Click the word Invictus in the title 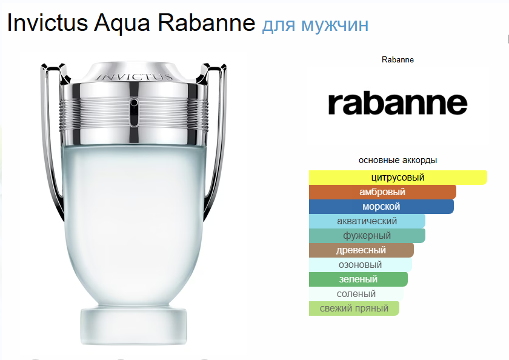click(x=47, y=22)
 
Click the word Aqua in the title click(x=122, y=24)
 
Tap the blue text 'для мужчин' click(x=315, y=25)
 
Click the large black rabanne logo click(x=398, y=104)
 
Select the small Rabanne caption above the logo click(x=398, y=60)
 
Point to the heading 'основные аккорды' click(x=398, y=160)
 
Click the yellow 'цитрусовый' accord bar click(x=398, y=178)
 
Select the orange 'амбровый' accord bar click(x=382, y=192)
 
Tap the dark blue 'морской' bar click(x=381, y=207)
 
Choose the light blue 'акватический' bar click(x=367, y=221)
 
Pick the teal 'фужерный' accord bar click(x=367, y=236)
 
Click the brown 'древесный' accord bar click(x=361, y=250)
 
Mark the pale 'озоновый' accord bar click(x=361, y=265)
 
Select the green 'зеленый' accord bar click(x=358, y=279)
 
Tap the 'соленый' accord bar click(x=356, y=294)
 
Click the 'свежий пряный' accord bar click(x=354, y=308)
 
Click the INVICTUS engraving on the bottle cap click(x=135, y=77)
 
